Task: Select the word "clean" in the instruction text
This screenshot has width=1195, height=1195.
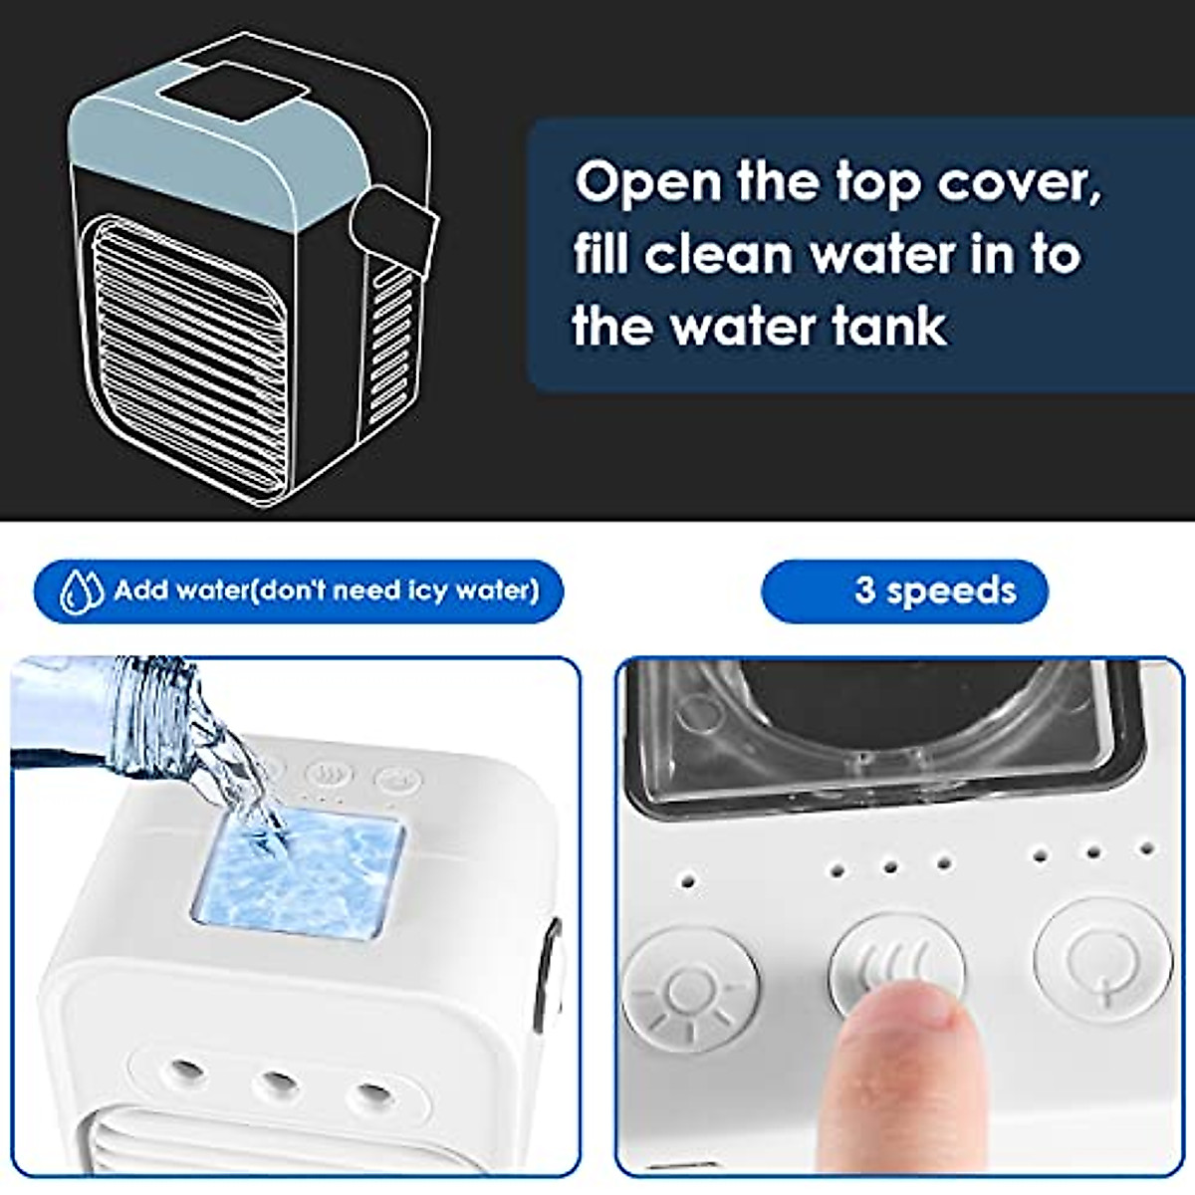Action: [717, 255]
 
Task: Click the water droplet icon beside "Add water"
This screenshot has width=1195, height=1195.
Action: [82, 592]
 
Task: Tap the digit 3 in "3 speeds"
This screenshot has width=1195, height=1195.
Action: [864, 591]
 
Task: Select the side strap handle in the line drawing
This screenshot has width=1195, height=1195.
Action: [397, 230]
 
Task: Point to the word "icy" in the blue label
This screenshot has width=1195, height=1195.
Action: [428, 592]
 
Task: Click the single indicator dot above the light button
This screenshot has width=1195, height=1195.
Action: [687, 881]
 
